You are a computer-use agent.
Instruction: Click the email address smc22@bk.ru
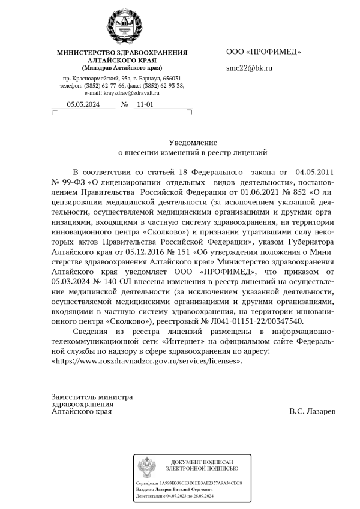point(249,68)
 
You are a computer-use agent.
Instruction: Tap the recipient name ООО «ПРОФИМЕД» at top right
point(263,52)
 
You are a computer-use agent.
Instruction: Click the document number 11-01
point(145,104)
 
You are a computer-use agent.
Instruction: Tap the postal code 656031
point(170,79)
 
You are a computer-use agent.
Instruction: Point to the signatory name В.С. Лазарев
point(312,412)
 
